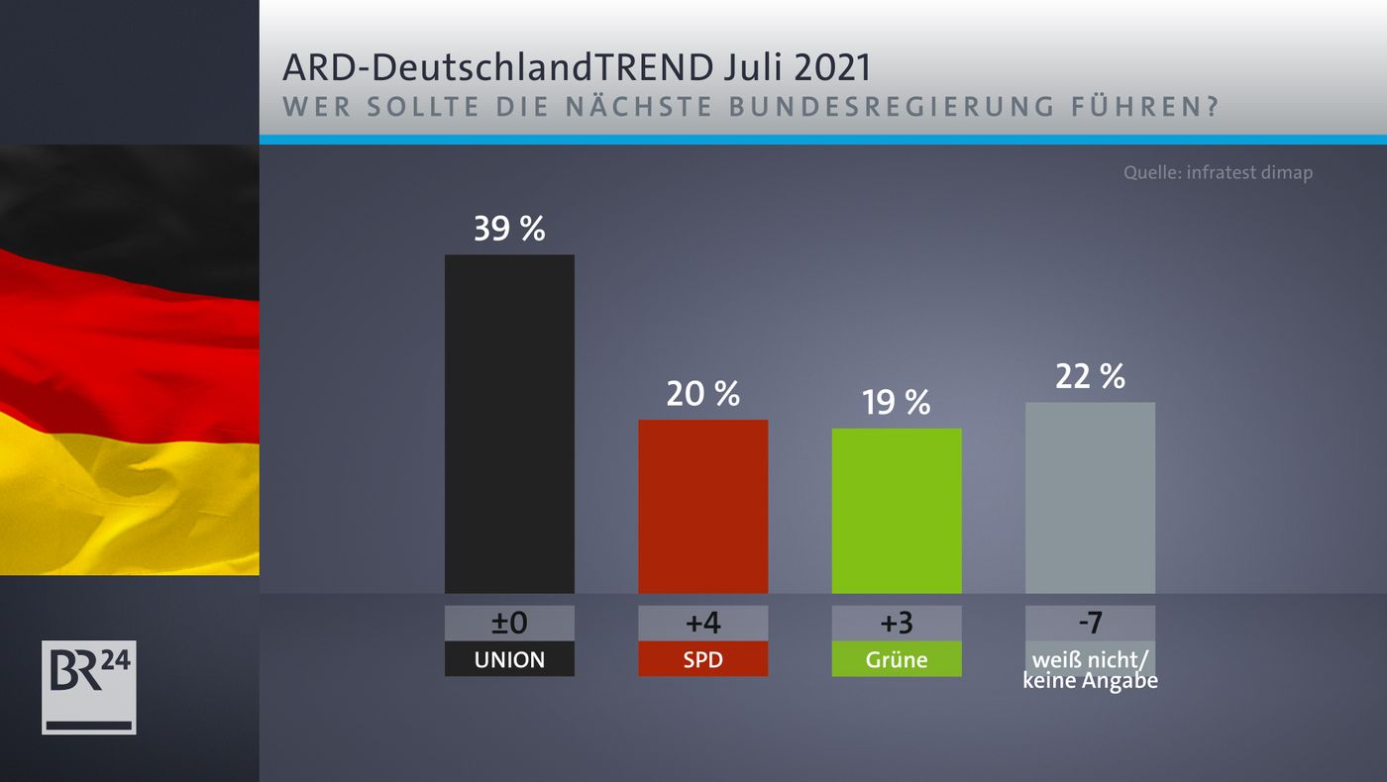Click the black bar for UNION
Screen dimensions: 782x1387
[x=509, y=424]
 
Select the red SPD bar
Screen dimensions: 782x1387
[x=702, y=506]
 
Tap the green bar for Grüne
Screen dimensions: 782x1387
[x=897, y=511]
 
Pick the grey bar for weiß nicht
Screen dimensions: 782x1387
[x=1090, y=497]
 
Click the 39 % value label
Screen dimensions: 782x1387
[x=509, y=230]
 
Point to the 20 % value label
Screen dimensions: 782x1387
[x=702, y=394]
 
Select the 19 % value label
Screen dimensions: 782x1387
[x=897, y=402]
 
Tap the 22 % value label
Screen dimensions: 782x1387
[x=1090, y=376]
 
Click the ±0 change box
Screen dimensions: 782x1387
[x=509, y=624]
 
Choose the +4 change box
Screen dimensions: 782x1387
[x=702, y=624]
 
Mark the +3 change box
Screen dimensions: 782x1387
[x=897, y=624]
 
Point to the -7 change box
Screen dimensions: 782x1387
[x=1090, y=624]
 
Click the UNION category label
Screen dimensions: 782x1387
[x=509, y=659]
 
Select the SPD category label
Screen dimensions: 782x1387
[x=702, y=659]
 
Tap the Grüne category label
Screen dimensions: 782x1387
[x=897, y=659]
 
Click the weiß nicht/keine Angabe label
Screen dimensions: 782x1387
[x=1090, y=669]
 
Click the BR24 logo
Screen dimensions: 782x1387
[x=88, y=687]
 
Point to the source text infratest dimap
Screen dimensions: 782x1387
[x=1218, y=173]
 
